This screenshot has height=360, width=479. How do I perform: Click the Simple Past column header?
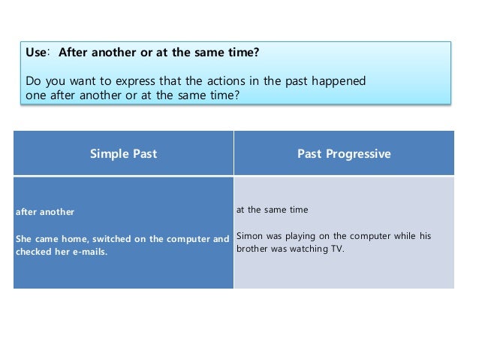coord(123,153)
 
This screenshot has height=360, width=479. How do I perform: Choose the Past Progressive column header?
coord(344,153)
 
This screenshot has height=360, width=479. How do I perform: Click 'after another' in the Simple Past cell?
coord(45,212)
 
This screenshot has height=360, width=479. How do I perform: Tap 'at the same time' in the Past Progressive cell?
coord(272,210)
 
